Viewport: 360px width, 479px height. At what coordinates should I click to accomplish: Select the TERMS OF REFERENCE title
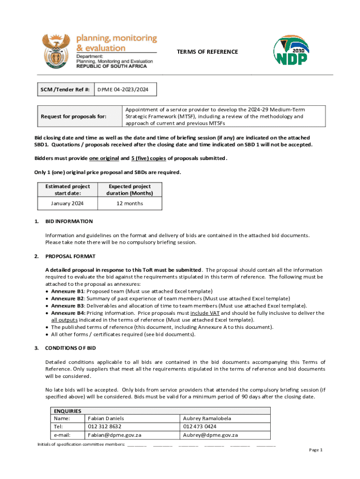[x=207, y=52]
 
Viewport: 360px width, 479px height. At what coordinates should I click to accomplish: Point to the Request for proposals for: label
[x=73, y=116]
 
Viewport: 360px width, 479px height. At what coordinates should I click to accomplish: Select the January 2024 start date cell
[x=67, y=203]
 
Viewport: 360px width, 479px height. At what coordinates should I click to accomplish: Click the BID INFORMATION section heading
[x=69, y=221]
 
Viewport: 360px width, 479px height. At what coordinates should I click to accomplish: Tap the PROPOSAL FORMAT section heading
[x=70, y=256]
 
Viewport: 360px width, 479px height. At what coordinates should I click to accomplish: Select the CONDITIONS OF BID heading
[x=71, y=348]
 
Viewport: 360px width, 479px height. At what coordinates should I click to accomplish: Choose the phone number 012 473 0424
[x=200, y=427]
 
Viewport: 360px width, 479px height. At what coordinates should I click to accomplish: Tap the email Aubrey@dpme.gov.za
[x=210, y=435]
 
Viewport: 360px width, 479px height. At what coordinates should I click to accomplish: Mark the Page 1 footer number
[x=316, y=450]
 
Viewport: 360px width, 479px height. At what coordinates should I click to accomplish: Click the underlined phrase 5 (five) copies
[x=146, y=158]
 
